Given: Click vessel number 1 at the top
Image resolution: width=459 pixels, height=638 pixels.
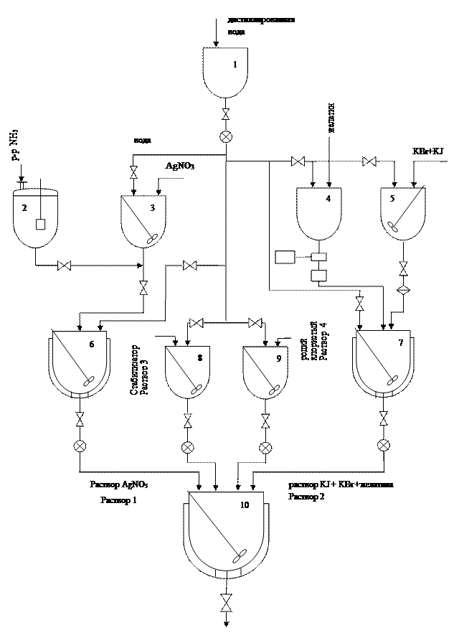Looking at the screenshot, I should tap(226, 72).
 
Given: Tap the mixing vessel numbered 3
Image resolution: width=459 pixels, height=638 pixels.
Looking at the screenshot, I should tap(143, 222).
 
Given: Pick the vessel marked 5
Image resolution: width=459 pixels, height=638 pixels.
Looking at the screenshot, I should tap(402, 214).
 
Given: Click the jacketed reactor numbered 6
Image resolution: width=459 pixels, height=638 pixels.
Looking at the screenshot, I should tap(80, 364).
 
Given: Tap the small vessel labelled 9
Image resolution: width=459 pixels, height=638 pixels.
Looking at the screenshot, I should tap(265, 370).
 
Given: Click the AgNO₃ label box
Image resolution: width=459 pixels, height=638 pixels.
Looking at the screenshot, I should tap(180, 167).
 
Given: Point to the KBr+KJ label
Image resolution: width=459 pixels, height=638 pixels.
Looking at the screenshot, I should tap(427, 152).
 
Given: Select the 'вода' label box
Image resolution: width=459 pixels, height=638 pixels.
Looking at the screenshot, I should tap(146, 139).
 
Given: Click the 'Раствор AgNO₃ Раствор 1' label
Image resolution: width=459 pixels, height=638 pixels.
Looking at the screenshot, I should tap(119, 493).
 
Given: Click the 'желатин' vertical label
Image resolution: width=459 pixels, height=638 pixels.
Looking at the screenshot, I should tap(331, 113).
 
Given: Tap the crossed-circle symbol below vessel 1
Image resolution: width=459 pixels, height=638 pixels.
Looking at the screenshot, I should tap(226, 136).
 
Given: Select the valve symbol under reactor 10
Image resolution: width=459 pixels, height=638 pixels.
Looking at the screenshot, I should tap(227, 604).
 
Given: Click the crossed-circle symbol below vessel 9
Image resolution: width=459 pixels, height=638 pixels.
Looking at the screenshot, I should tap(265, 447).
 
